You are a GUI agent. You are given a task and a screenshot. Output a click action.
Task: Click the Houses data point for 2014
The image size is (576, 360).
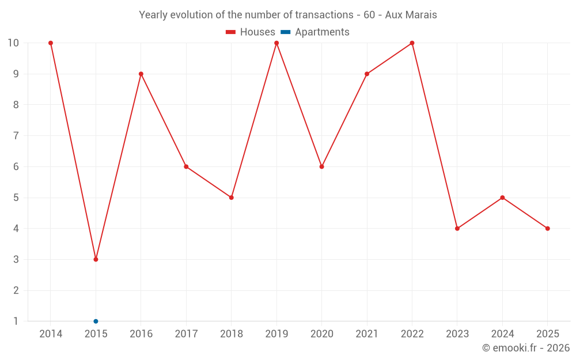tap(51, 43)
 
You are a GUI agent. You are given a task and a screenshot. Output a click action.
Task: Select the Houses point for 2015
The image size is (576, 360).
tap(96, 259)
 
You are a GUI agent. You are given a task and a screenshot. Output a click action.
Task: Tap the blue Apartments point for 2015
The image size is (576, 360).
tap(96, 321)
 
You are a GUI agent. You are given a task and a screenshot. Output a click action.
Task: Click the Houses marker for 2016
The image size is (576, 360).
tap(141, 74)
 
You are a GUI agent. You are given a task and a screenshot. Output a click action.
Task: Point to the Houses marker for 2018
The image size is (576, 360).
tap(232, 198)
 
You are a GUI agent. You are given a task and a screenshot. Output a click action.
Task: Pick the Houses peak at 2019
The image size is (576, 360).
tap(276, 43)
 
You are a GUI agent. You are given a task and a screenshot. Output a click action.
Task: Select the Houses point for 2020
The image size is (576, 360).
tap(321, 166)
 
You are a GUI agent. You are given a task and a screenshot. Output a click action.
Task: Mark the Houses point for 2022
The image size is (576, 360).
tap(412, 43)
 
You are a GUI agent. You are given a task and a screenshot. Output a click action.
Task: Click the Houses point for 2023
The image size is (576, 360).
tap(457, 229)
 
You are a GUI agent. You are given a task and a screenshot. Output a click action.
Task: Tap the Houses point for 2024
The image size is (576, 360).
tap(502, 198)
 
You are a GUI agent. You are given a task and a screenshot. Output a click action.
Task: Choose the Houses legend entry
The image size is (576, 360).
tap(251, 32)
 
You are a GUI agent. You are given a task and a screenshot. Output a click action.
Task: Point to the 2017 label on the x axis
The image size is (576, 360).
tap(186, 334)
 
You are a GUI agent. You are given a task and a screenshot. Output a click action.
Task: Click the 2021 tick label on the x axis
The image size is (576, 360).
tap(367, 334)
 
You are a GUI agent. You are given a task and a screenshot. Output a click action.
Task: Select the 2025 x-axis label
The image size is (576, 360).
tap(547, 334)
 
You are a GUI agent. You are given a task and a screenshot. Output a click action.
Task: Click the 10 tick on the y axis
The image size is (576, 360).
tap(13, 43)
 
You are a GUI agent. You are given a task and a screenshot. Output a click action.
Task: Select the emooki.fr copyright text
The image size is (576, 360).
tap(526, 348)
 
